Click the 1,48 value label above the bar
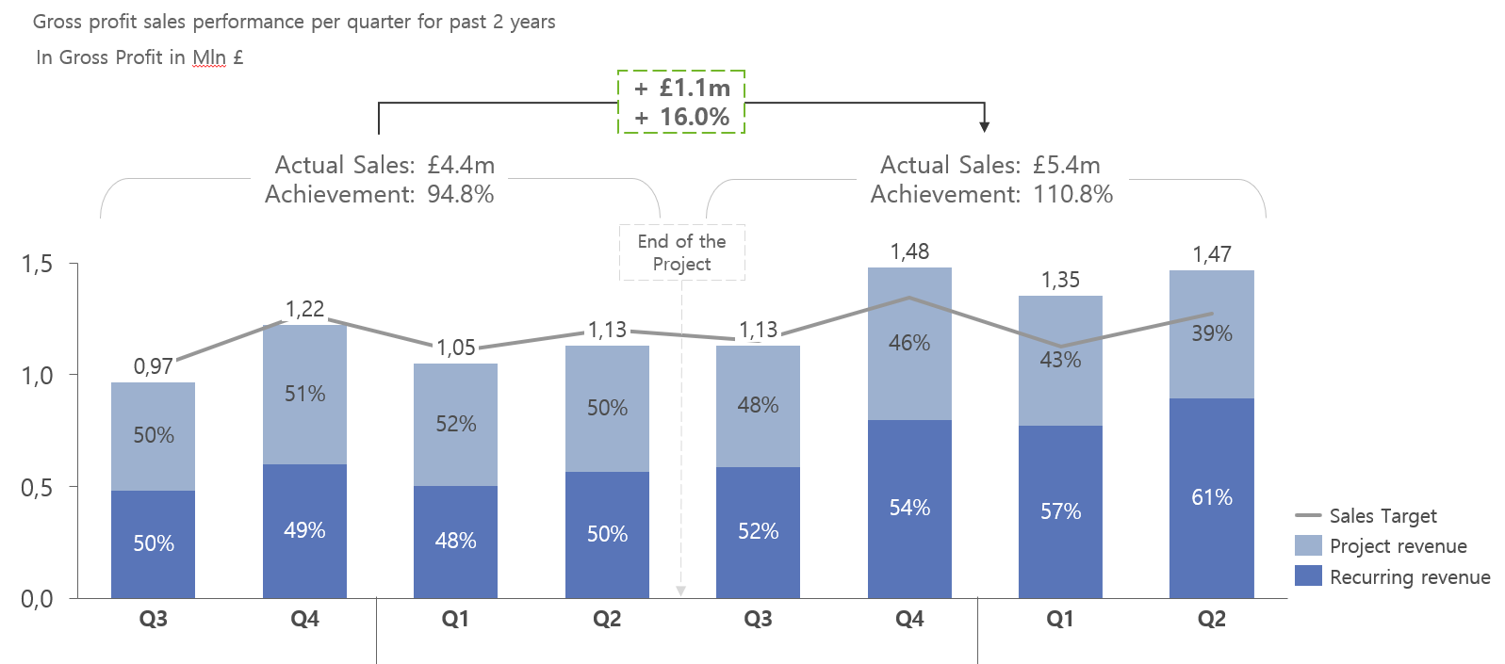909,251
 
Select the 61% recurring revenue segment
1211,497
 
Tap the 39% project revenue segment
1211,333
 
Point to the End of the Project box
681,252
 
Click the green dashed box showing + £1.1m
681,102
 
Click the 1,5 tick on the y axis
38,264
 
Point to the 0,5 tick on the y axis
38,488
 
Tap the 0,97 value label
154,366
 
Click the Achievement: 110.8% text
991,195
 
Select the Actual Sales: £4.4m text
384,165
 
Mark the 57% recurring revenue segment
1060,511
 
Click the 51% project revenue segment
304,394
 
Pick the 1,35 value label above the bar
1060,280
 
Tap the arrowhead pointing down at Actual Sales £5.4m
984,126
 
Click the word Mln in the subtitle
209,57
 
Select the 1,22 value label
304,309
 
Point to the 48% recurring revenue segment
455,541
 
